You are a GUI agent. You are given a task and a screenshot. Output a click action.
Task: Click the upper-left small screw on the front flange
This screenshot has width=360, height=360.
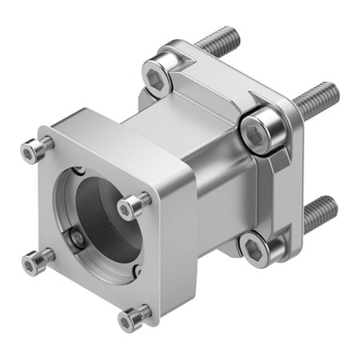click(x=34, y=150)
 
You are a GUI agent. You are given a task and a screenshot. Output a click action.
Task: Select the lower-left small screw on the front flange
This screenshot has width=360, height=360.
click(x=36, y=260)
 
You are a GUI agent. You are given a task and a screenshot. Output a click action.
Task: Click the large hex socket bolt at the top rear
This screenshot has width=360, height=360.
click(x=158, y=78)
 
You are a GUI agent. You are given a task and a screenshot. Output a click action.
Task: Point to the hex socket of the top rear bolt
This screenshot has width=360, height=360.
click(x=154, y=78)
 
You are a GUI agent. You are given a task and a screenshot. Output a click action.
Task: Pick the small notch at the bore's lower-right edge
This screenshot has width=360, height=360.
click(x=137, y=270)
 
